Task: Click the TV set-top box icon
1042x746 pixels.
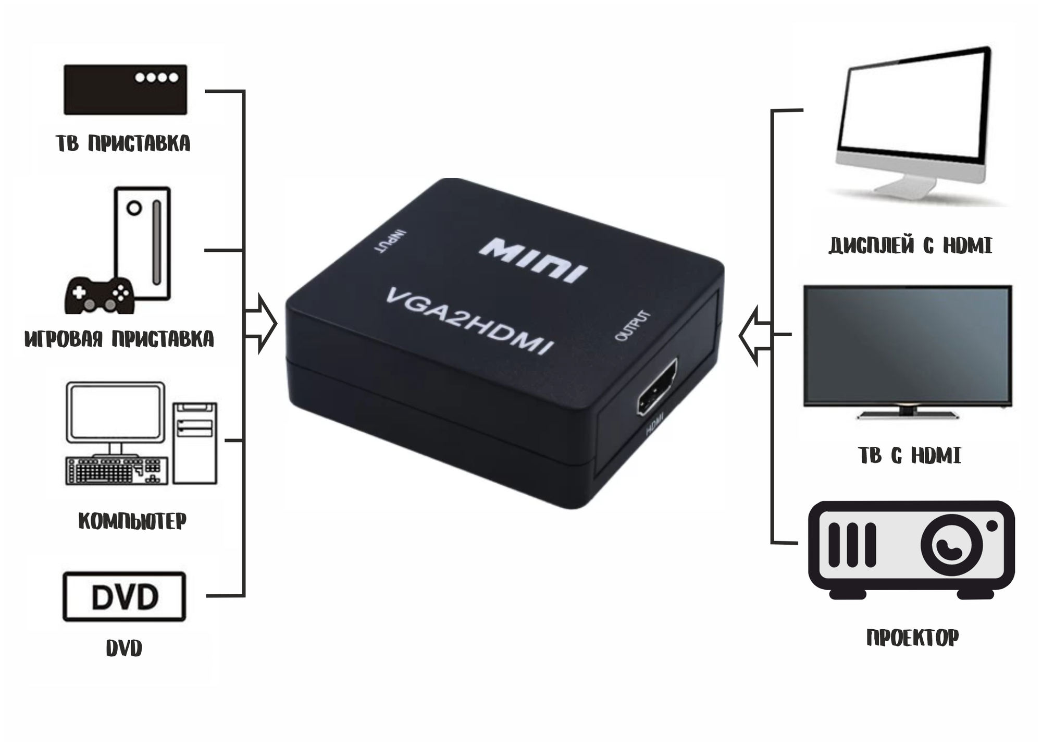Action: (x=125, y=89)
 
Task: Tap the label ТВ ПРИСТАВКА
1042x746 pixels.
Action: (x=123, y=143)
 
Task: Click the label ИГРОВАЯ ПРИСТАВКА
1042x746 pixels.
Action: (x=119, y=339)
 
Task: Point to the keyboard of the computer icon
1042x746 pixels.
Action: (x=116, y=471)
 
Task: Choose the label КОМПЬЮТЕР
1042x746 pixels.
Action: (x=132, y=520)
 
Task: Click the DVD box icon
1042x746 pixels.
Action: (x=124, y=596)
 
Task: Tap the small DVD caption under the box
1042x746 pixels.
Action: (x=124, y=649)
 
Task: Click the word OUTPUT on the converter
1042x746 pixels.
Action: (x=632, y=326)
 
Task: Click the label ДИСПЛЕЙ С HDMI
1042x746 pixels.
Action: (x=910, y=246)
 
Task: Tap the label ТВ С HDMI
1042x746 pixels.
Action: (x=909, y=456)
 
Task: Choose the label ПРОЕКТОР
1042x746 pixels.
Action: (x=912, y=637)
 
